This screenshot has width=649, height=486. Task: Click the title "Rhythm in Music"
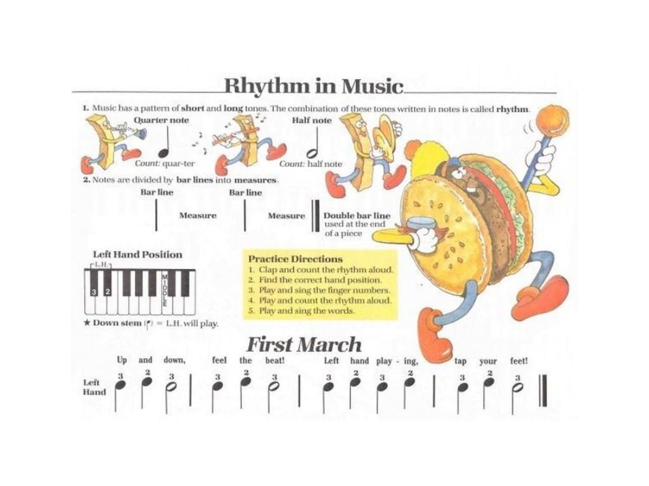pos(313,86)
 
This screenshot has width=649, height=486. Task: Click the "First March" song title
pos(303,345)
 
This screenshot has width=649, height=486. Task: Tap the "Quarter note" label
pos(161,120)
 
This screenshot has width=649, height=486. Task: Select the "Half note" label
pos(311,120)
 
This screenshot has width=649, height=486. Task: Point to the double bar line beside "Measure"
pos(314,217)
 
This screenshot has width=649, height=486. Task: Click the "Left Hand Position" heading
pos(138,254)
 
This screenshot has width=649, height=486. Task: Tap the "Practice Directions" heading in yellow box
pos(295,259)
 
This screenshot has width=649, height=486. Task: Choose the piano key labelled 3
pos(94,292)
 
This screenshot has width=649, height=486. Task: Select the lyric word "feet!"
pos(519,361)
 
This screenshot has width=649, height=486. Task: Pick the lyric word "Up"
pos(122,361)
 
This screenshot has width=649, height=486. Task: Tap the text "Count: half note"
pos(311,164)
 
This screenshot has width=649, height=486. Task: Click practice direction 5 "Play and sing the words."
pos(302,311)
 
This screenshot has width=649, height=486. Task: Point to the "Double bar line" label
pos(357,216)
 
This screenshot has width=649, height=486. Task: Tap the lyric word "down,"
pos(174,361)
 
